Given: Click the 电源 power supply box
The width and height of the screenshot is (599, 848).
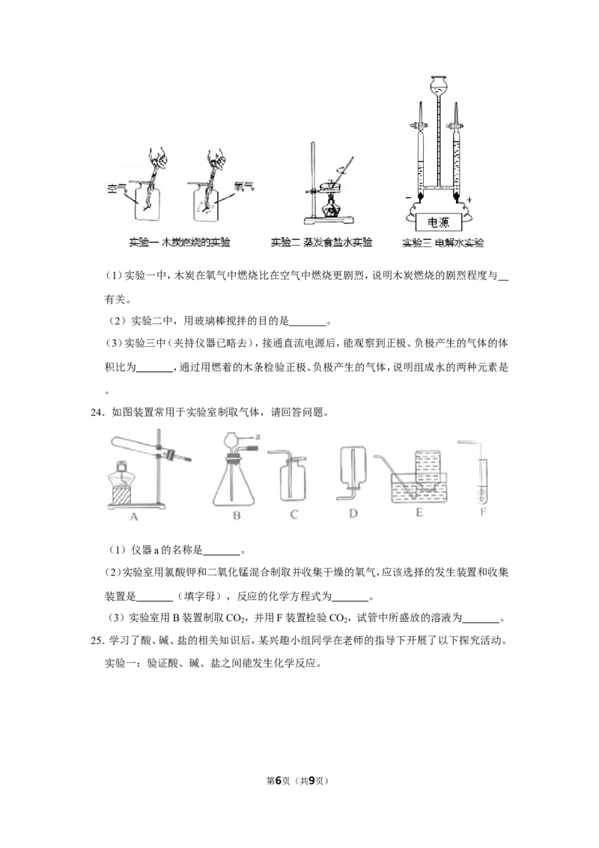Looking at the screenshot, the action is (x=438, y=222).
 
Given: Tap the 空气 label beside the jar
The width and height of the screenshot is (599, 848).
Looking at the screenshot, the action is (x=117, y=189).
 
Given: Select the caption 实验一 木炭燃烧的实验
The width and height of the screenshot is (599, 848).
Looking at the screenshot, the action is (x=180, y=242).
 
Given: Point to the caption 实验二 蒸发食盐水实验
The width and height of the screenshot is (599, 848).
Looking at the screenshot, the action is (x=322, y=242).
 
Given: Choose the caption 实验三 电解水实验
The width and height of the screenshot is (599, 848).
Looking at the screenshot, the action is (x=443, y=243).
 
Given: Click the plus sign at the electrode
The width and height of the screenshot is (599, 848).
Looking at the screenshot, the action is (x=469, y=199).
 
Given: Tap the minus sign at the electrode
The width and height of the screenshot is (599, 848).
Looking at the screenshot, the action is (x=407, y=199).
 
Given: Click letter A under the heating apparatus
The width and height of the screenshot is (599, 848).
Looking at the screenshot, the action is (x=134, y=516).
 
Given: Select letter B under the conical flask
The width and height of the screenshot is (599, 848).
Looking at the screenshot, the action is (x=237, y=515).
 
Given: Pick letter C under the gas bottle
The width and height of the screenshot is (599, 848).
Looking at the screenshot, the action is (x=294, y=515).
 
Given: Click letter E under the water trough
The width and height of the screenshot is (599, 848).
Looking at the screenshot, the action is (x=419, y=512).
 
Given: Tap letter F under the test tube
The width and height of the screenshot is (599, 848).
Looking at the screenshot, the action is (x=483, y=511).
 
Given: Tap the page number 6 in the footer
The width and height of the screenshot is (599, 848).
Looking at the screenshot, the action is (x=279, y=781).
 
